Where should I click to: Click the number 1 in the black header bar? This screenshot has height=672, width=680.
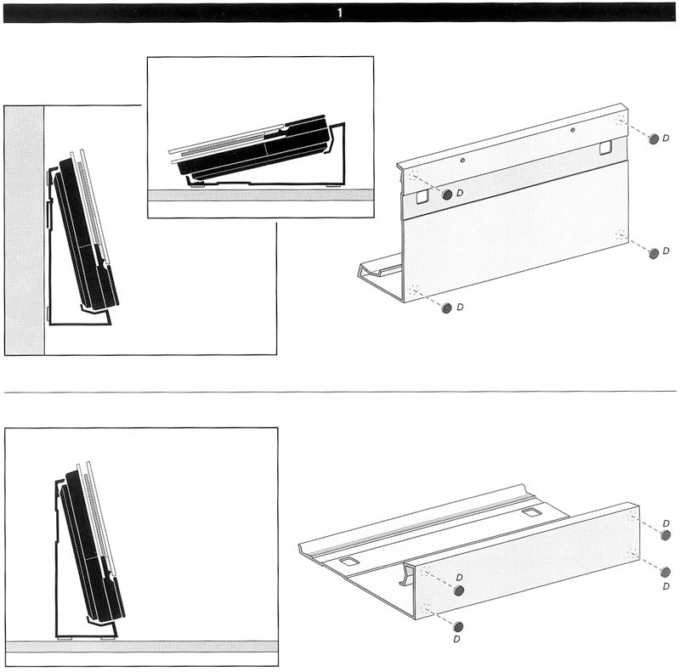(x=339, y=13)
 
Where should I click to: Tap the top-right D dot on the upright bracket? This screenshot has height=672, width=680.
(x=653, y=138)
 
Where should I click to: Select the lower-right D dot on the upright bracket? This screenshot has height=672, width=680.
(x=653, y=253)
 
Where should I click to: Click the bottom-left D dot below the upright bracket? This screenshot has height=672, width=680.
(x=446, y=308)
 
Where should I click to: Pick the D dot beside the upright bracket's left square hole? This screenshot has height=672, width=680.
(x=447, y=195)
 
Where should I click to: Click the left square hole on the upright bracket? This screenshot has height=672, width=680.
(x=422, y=197)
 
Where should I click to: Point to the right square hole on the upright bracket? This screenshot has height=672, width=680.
(x=605, y=148)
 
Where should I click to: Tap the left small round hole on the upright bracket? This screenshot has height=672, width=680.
(x=462, y=160)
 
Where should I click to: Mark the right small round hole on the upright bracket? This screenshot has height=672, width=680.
(x=572, y=130)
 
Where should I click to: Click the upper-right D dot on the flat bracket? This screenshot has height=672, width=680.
(x=666, y=535)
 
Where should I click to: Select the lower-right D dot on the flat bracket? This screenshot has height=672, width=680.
(x=666, y=573)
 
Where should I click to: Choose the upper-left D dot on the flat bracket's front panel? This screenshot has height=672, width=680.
(x=459, y=590)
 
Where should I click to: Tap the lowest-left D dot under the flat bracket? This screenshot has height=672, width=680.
(x=457, y=626)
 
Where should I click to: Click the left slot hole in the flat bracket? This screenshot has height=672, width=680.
(x=349, y=562)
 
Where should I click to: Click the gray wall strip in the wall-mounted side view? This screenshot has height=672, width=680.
(x=25, y=230)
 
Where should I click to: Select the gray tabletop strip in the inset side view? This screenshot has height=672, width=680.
(x=261, y=195)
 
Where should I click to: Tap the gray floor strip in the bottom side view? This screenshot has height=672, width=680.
(x=141, y=647)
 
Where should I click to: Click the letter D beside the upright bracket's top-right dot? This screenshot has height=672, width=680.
(x=666, y=138)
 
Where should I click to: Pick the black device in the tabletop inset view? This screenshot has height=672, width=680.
(x=252, y=148)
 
